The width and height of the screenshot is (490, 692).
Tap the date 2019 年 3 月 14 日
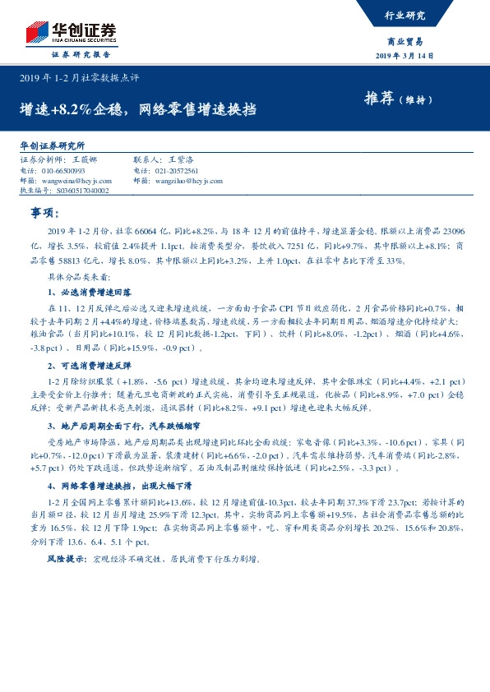(404, 55)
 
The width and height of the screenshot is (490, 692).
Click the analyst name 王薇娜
(84, 160)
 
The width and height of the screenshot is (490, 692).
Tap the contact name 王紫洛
(183, 160)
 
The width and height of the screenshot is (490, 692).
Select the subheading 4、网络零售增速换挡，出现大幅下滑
(118, 487)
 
